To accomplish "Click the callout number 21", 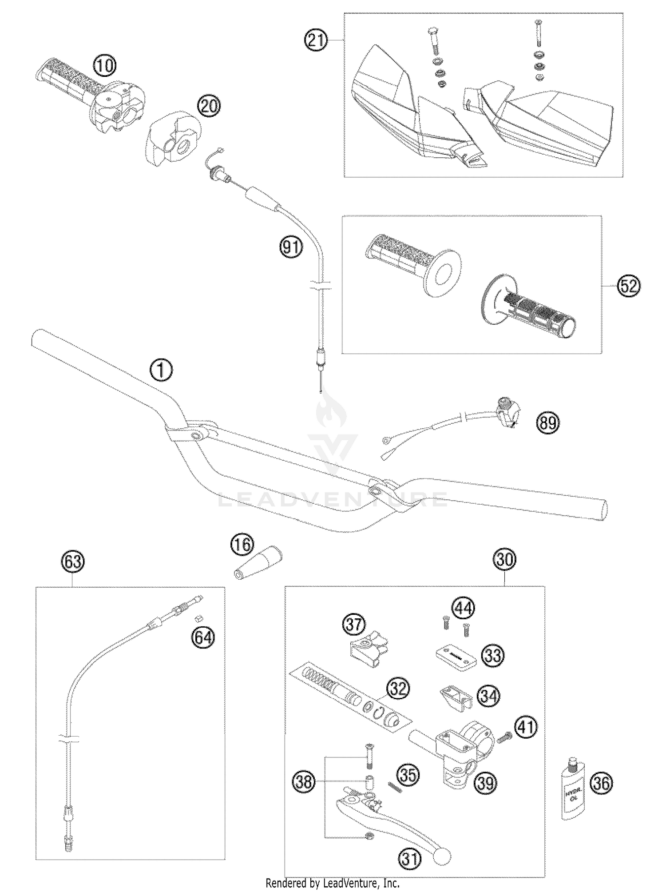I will pyautogui.click(x=316, y=40).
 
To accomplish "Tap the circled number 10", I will pyautogui.click(x=104, y=66).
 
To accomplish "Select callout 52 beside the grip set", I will pyautogui.click(x=628, y=286).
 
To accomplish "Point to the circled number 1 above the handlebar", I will pyautogui.click(x=161, y=370).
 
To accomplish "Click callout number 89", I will pyautogui.click(x=548, y=422).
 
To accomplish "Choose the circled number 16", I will pyautogui.click(x=242, y=545).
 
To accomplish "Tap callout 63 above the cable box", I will pyautogui.click(x=73, y=562).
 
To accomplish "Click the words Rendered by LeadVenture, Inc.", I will pyautogui.click(x=333, y=884).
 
